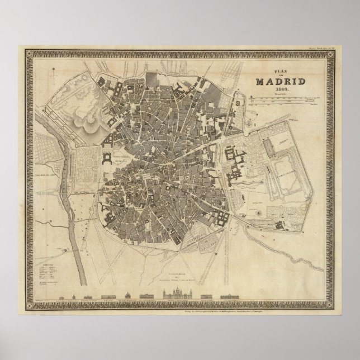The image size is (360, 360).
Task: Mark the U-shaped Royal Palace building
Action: [107, 163]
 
